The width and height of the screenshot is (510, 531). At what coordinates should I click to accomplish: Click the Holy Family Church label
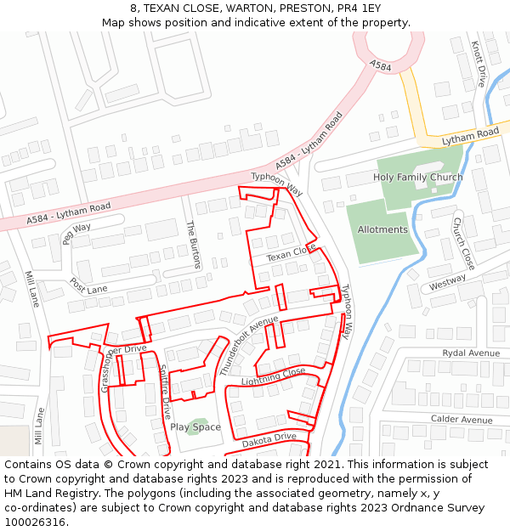[417, 178]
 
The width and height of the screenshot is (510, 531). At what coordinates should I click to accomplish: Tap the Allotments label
[382, 229]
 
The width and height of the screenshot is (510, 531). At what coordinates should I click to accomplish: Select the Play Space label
[195, 427]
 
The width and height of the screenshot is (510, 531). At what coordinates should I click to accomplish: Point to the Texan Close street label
[291, 253]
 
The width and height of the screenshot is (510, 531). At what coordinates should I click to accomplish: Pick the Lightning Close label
[273, 376]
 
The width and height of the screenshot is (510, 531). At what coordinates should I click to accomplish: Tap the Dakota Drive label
[269, 440]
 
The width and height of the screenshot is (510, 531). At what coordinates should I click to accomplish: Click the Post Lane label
[88, 285]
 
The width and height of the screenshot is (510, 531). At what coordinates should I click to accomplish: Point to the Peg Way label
[76, 232]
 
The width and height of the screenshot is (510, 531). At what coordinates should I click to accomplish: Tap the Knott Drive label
[478, 64]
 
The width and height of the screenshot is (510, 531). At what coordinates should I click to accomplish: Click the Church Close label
[462, 243]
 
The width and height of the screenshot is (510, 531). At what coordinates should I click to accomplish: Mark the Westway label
[447, 282]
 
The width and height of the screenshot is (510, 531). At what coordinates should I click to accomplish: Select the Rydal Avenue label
[471, 353]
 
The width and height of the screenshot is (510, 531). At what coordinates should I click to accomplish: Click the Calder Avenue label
[462, 420]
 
